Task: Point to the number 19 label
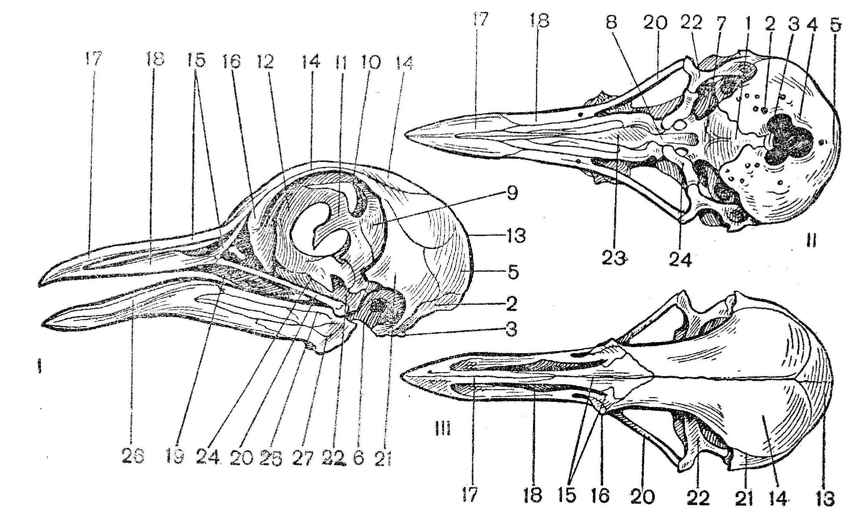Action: coord(176,458)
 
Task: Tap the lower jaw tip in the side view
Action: coord(44,324)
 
